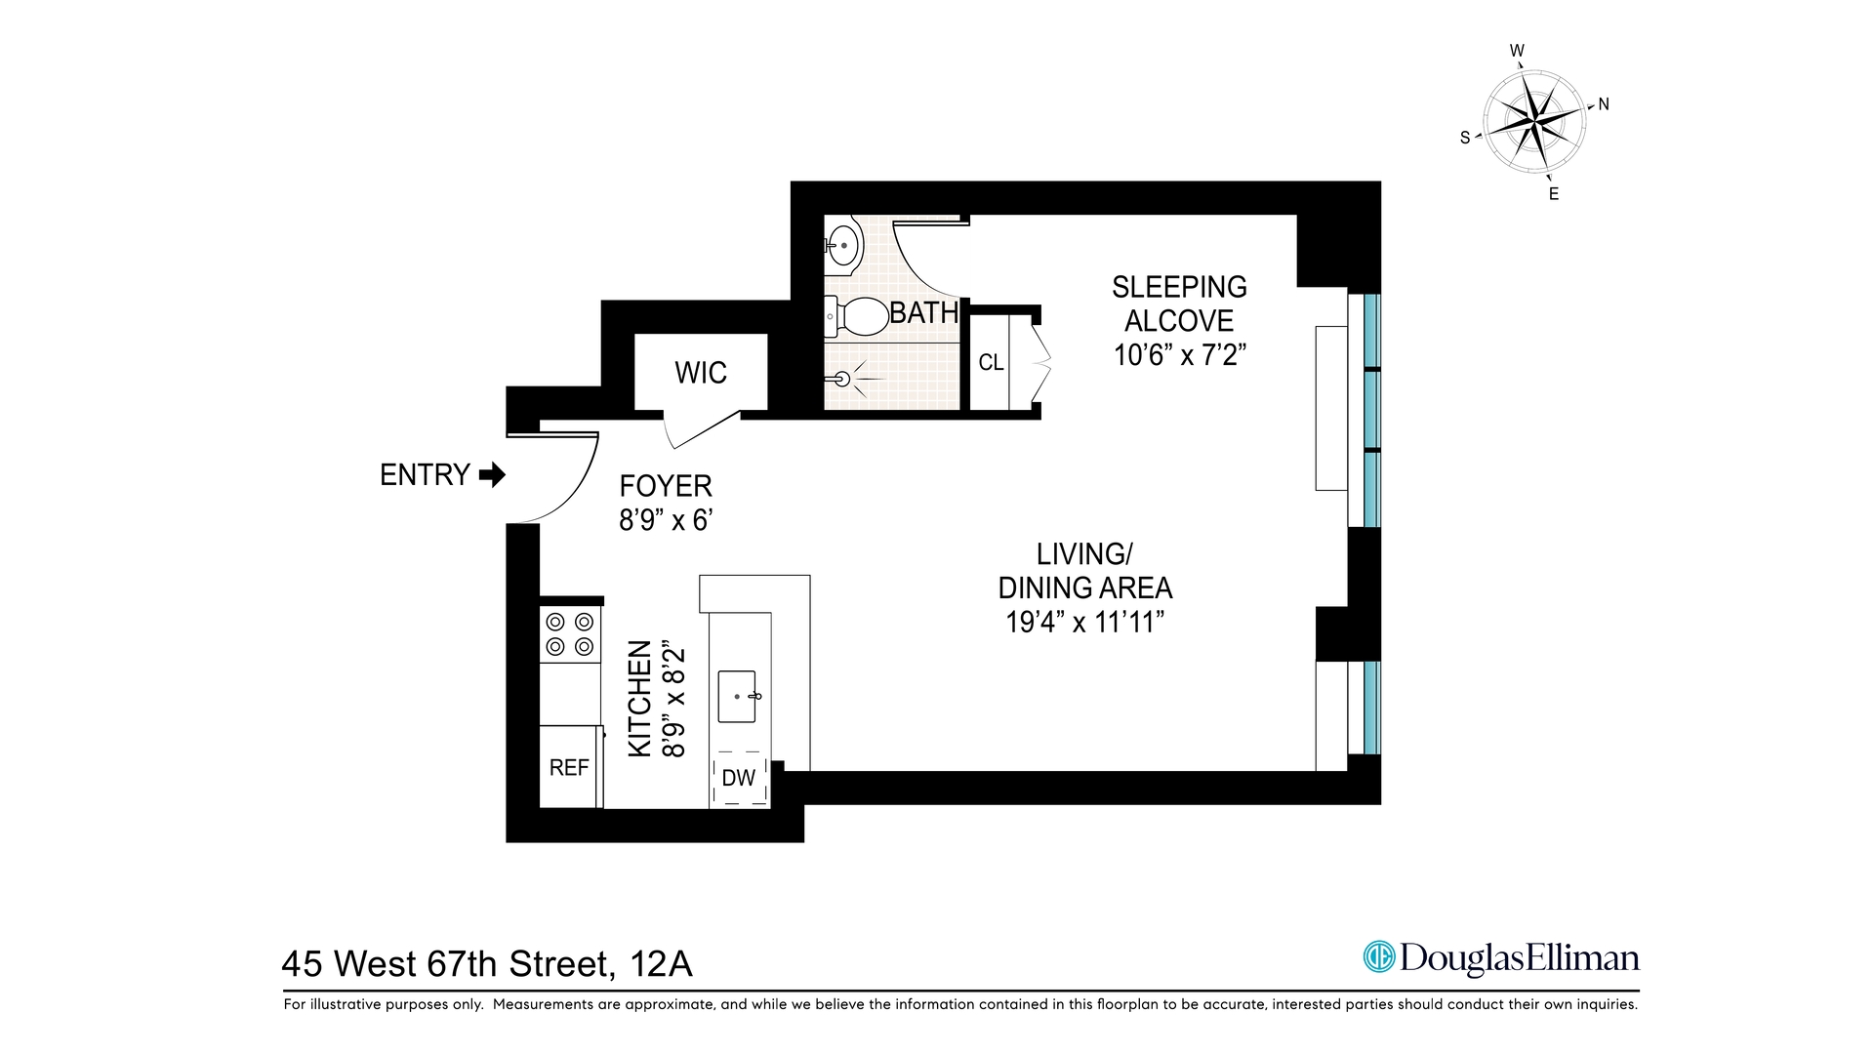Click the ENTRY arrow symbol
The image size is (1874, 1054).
coord(493,475)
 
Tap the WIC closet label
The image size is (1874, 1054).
coord(700,373)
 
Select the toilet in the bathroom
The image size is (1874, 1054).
coord(856,316)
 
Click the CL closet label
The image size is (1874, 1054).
coord(991,363)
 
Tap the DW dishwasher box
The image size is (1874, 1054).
coord(739,778)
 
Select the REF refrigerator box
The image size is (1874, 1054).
coord(569,768)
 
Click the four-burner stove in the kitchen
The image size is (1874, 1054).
coord(570,633)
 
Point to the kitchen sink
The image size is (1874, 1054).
coord(737,696)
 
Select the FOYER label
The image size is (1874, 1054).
coord(666,486)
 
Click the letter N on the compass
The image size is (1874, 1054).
coord(1604,104)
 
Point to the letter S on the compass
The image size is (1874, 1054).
coord(1464,139)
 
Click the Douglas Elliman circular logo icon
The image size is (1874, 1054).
coord(1378,956)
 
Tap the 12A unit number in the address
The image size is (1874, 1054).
coord(662,964)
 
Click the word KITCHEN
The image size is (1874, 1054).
coord(639,698)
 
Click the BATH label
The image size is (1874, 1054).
coord(923,313)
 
